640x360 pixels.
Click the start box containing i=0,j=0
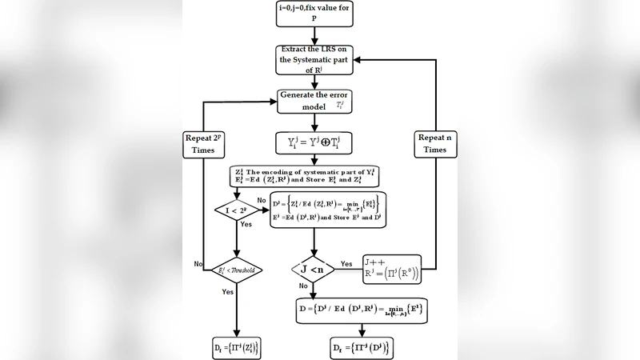(x=317, y=16)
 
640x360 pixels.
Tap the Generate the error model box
(x=317, y=103)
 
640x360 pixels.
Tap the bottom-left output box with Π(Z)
(x=237, y=347)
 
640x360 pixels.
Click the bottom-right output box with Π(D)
(x=362, y=348)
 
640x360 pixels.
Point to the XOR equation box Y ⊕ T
(x=317, y=145)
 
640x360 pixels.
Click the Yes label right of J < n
(x=347, y=263)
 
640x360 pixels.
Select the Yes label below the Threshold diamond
(x=227, y=292)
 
